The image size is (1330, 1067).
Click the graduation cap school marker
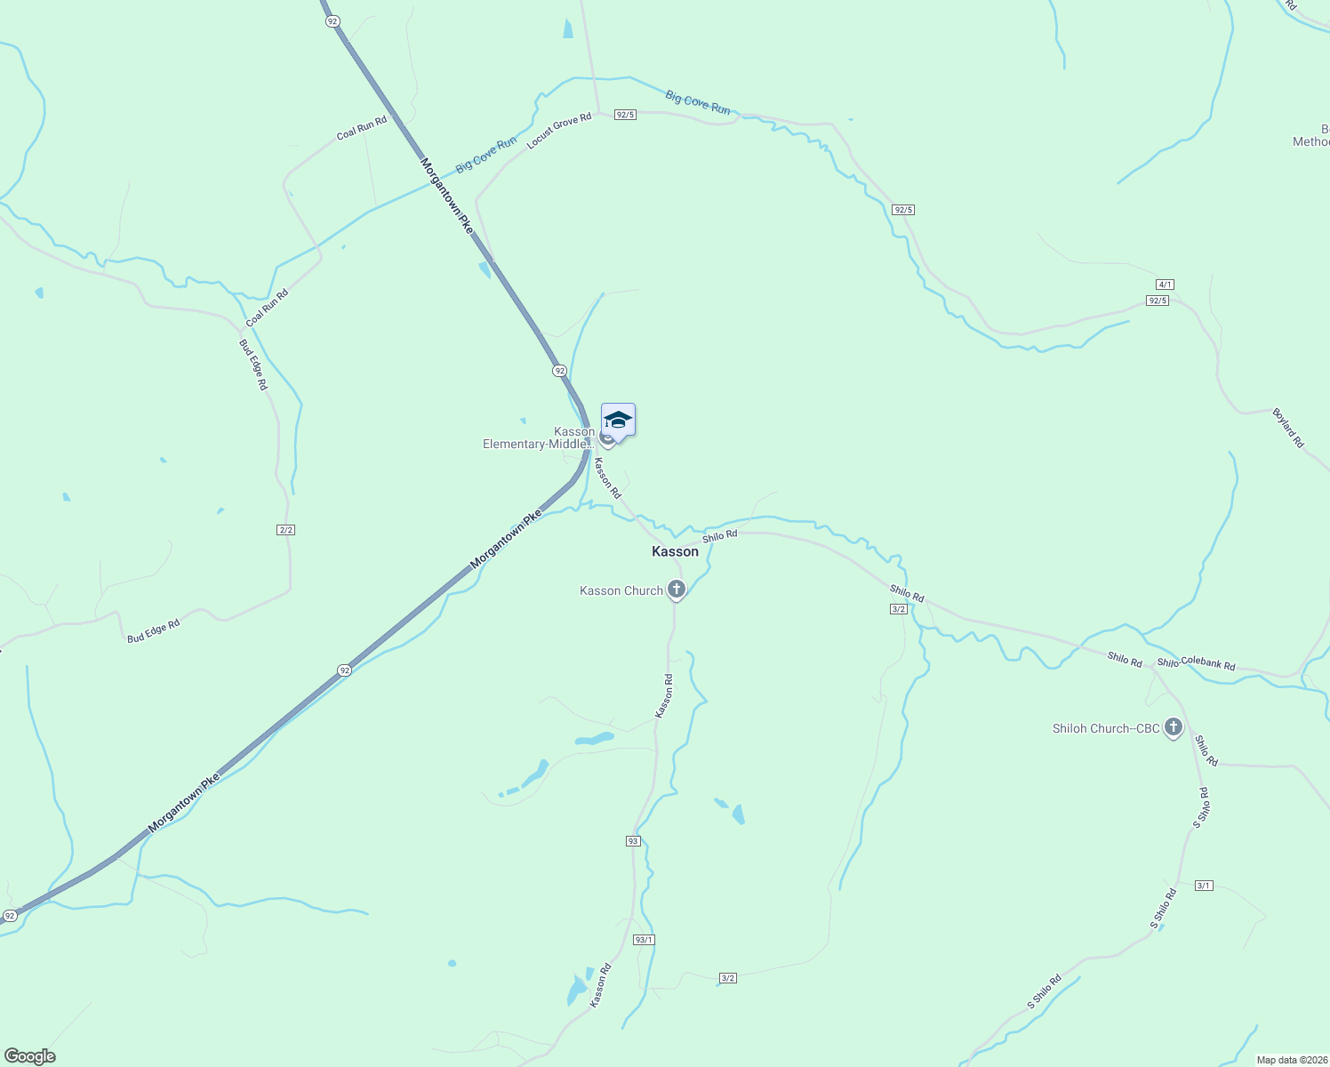click(x=618, y=420)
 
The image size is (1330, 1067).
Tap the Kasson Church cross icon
click(x=677, y=590)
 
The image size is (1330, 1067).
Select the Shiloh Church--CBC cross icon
click(x=1174, y=728)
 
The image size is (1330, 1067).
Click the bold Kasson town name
click(x=675, y=551)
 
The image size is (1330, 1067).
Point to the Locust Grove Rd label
click(x=559, y=131)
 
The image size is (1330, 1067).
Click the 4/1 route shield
click(x=1165, y=285)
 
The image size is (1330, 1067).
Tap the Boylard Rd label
click(x=1288, y=428)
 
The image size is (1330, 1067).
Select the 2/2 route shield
click(x=285, y=530)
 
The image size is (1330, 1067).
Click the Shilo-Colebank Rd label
click(x=1196, y=663)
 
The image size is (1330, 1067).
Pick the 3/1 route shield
click(x=1204, y=886)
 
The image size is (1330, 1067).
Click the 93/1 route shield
click(x=644, y=940)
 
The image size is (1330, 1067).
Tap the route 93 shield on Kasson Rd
click(x=633, y=841)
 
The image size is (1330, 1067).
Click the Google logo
click(x=30, y=1056)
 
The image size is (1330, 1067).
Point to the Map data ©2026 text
click(x=1291, y=1060)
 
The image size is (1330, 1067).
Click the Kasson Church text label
click(x=621, y=590)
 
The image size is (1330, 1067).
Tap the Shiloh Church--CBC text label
click(x=1106, y=728)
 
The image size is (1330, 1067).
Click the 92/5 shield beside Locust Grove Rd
click(x=625, y=115)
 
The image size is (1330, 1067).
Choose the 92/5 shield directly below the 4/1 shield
click(x=1158, y=301)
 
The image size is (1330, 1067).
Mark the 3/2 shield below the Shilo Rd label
click(x=898, y=609)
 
